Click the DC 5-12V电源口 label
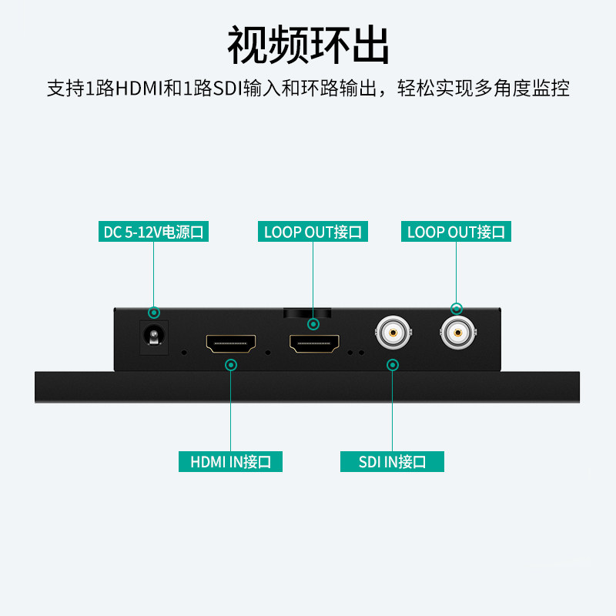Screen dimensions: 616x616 [154, 232]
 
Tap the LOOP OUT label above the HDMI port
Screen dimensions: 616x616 [313, 232]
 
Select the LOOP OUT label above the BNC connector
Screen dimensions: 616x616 [456, 232]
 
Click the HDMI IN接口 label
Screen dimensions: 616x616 [231, 462]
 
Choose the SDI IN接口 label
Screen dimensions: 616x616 [393, 462]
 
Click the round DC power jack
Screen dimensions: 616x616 [154, 337]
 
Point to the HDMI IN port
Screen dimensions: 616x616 [231, 343]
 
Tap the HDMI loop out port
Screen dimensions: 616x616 [313, 343]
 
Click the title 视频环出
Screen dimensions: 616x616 [308, 46]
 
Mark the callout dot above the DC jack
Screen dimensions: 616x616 [154, 313]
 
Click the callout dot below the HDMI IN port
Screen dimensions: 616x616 [231, 364]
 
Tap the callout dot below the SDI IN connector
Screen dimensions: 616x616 [393, 364]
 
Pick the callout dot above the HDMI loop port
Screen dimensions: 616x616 [313, 323]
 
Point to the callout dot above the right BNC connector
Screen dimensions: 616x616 [457, 309]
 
